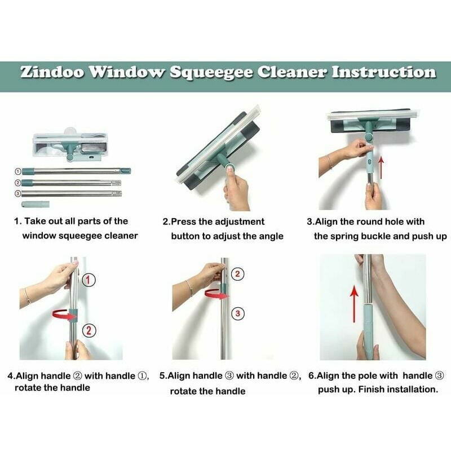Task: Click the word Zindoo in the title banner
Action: point(52,72)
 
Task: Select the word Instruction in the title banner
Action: point(384,72)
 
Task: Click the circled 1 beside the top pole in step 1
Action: point(18,171)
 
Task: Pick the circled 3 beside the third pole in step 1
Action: point(18,193)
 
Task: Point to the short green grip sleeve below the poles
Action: point(36,204)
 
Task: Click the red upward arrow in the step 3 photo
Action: point(381,167)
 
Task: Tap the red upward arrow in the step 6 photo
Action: point(354,303)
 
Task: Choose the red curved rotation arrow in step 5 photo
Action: point(216,294)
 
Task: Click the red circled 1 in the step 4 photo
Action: point(89,280)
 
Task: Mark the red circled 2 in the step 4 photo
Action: point(89,330)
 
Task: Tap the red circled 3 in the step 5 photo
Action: point(238,313)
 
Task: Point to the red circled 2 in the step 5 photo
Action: point(237,274)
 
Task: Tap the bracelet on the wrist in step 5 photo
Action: point(189,289)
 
